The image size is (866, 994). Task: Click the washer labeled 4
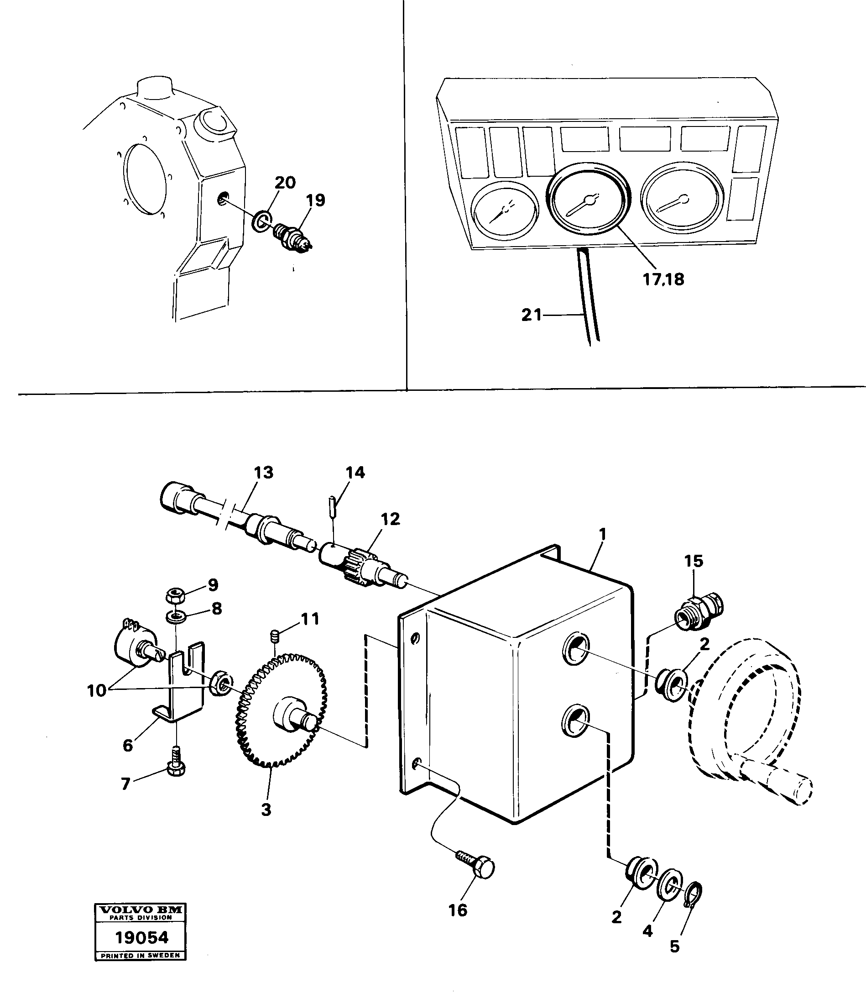click(669, 885)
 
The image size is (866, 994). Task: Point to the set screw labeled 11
click(275, 637)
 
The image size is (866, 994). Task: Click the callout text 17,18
click(663, 279)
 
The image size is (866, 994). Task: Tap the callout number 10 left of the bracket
click(96, 691)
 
